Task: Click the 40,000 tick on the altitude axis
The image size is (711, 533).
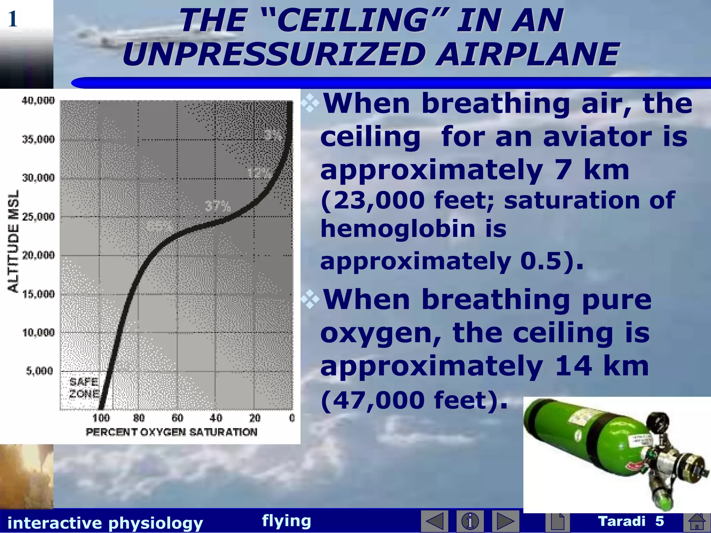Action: click(x=38, y=101)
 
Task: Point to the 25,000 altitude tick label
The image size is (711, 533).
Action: click(x=38, y=217)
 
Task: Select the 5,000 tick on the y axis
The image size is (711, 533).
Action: click(x=40, y=371)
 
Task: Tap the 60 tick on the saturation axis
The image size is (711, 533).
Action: click(x=177, y=418)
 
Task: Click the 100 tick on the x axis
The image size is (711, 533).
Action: click(x=101, y=418)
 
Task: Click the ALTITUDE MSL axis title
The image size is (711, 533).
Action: click(x=13, y=241)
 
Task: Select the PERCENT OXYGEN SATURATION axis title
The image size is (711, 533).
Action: click(x=172, y=432)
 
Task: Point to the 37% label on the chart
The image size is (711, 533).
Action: click(x=217, y=206)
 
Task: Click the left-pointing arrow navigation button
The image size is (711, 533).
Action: click(x=434, y=521)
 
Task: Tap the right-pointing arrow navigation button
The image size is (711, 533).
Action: click(x=505, y=521)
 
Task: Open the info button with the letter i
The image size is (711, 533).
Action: click(x=470, y=521)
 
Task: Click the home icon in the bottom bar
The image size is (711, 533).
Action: click(x=697, y=522)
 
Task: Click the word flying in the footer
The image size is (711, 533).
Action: click(x=286, y=521)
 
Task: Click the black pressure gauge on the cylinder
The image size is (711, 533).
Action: click(x=656, y=421)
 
